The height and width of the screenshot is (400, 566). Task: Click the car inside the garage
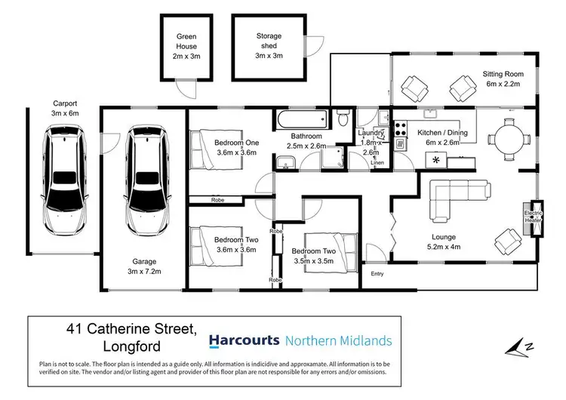pyautogui.click(x=144, y=180)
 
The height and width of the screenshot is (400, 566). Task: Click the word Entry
pyautogui.click(x=377, y=273)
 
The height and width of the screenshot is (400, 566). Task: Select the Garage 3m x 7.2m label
pyautogui.click(x=143, y=266)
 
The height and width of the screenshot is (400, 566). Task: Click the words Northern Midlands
pyautogui.click(x=339, y=340)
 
